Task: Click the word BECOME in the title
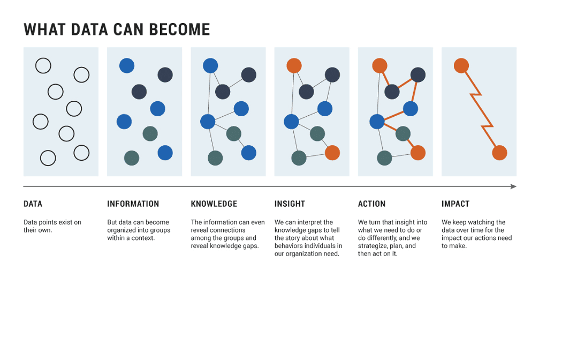[x=179, y=30]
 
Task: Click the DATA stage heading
[x=33, y=204]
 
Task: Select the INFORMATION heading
[x=133, y=204]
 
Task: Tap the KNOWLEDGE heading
[x=214, y=204]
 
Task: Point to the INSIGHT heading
[x=290, y=204]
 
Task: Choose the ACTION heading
[x=371, y=204]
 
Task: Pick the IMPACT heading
[x=455, y=204]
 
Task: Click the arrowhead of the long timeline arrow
[x=514, y=186]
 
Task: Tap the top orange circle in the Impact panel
[x=461, y=65]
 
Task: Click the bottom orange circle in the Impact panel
[x=499, y=153]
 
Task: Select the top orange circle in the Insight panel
[x=294, y=65]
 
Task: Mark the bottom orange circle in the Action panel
[x=418, y=153]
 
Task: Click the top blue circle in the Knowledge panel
[x=210, y=65]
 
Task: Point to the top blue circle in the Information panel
[x=127, y=65]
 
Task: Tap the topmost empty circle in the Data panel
[x=43, y=65]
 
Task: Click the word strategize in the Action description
[x=373, y=246]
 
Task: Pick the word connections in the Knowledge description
[x=228, y=230]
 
